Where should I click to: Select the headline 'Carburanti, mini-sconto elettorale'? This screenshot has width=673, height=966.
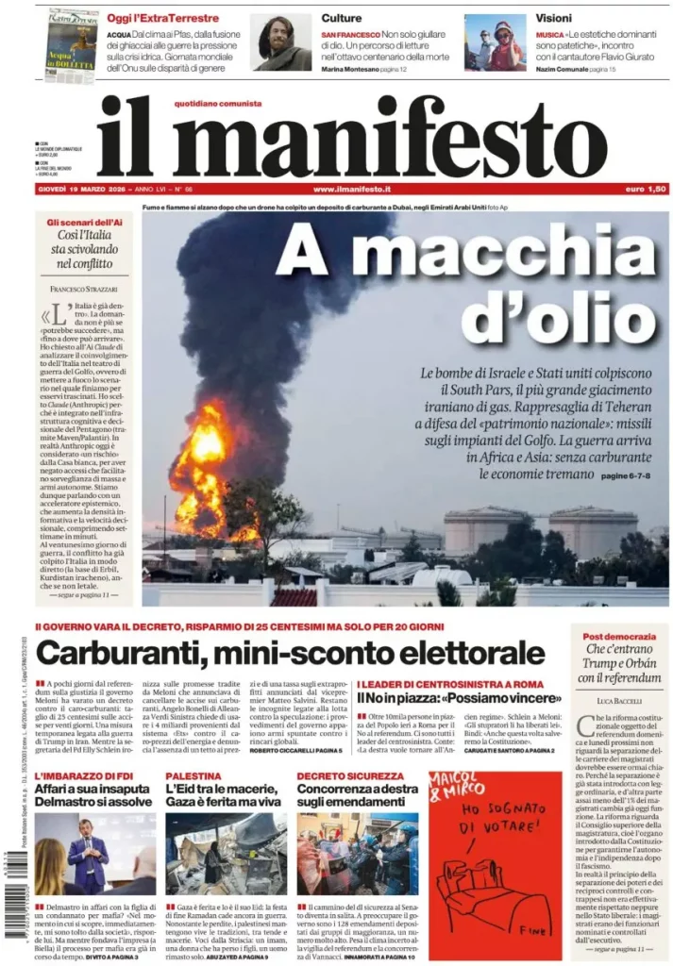(x=290, y=652)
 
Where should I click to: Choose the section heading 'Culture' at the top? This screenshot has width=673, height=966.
(x=341, y=18)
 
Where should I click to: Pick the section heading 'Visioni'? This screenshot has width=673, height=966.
(x=553, y=18)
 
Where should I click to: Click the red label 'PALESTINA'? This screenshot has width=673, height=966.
(x=193, y=775)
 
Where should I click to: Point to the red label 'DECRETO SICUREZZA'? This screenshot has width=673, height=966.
(x=338, y=775)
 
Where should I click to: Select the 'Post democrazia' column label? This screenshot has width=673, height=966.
(x=619, y=637)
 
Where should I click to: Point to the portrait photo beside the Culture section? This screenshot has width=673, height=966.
(x=281, y=42)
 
